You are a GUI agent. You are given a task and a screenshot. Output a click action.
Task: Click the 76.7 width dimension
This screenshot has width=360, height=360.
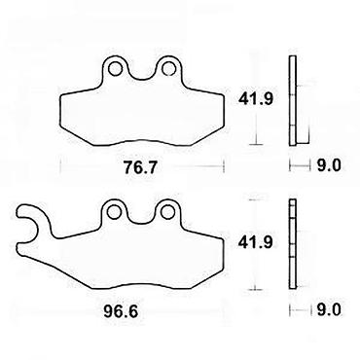[x=141, y=167]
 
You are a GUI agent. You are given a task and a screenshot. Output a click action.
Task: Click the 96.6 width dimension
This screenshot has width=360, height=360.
[x=121, y=312]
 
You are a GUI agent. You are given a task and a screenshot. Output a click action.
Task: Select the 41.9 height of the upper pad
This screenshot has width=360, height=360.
[x=256, y=98]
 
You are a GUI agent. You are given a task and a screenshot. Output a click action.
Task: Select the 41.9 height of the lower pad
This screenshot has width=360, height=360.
[x=255, y=242]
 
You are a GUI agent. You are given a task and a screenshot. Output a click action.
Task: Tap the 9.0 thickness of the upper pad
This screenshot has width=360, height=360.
[x=329, y=165]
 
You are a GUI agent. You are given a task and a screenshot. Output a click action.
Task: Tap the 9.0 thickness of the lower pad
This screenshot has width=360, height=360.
[x=329, y=309]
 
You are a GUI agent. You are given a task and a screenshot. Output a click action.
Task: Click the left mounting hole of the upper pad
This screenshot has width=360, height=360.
[x=115, y=68]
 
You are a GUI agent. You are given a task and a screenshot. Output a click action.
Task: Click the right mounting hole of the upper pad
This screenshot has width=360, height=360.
[x=168, y=68]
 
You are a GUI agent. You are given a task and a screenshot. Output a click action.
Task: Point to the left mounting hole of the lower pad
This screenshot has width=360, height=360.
[x=114, y=212]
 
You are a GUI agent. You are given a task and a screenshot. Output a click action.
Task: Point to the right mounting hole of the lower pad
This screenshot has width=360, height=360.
[x=167, y=212]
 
